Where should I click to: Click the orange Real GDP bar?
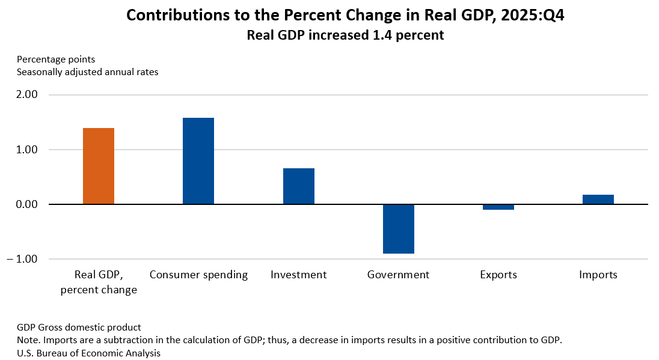point(99,166)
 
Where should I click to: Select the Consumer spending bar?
point(198,161)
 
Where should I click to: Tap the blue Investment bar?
point(299,186)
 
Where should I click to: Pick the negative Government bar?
point(399,229)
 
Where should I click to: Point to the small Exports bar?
point(498,207)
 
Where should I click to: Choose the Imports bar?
point(598,200)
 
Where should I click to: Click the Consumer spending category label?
point(198,275)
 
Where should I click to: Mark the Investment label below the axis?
point(299,275)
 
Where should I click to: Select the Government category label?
point(399,275)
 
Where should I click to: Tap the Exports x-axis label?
point(498,275)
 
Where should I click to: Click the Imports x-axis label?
point(598,275)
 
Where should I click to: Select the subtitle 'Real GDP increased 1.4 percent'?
point(345,35)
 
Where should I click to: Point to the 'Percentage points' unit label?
point(56,59)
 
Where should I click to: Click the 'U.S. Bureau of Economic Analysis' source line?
point(88,353)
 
